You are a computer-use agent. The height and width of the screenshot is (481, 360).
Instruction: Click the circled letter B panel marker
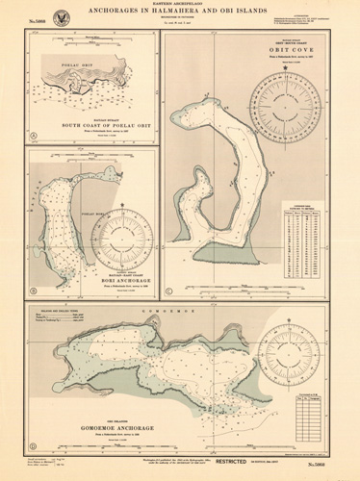(x=33, y=291)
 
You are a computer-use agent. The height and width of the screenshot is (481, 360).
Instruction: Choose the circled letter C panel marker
(x=171, y=291)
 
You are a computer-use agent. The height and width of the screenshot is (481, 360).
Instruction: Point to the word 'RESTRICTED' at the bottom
(x=263, y=465)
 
